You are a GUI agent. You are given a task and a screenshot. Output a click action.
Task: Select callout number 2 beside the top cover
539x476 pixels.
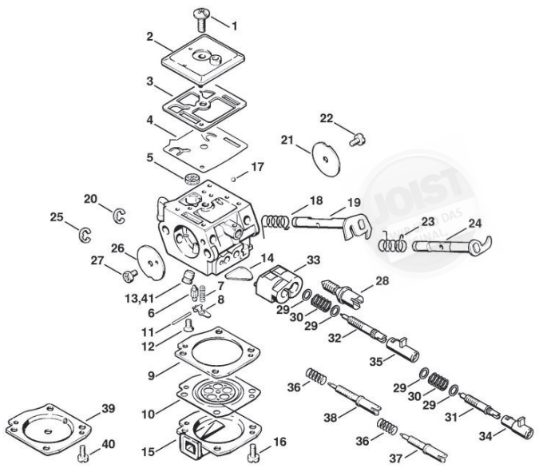(150, 37)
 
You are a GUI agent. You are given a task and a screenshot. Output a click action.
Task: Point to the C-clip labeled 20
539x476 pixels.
(120, 214)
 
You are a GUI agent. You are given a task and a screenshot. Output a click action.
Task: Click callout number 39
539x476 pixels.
(109, 408)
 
